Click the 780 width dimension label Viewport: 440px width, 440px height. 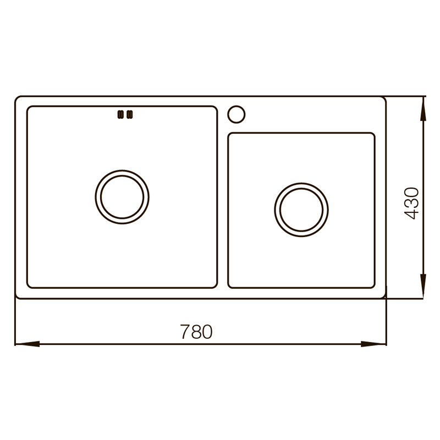(x=196, y=332)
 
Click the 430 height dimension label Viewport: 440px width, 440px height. (x=411, y=204)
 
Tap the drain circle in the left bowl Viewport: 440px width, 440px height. (x=122, y=196)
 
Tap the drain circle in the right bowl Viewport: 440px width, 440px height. (x=301, y=210)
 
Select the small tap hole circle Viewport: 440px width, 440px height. (x=237, y=113)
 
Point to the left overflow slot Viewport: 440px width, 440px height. (x=119, y=114)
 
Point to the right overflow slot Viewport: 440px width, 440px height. (x=130, y=114)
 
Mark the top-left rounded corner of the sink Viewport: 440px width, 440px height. (x=18, y=100)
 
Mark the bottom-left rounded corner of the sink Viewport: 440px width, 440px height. (x=18, y=296)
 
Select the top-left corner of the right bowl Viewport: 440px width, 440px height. (x=230, y=135)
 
